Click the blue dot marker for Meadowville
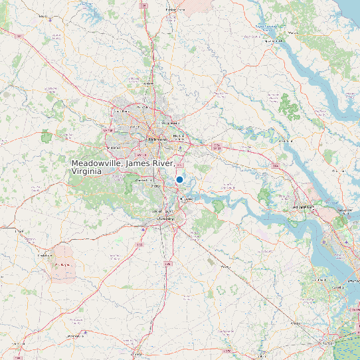click(179, 179)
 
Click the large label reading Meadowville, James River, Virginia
click(122, 167)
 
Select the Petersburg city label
click(164, 218)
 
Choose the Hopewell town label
click(185, 199)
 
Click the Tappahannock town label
click(270, 41)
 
